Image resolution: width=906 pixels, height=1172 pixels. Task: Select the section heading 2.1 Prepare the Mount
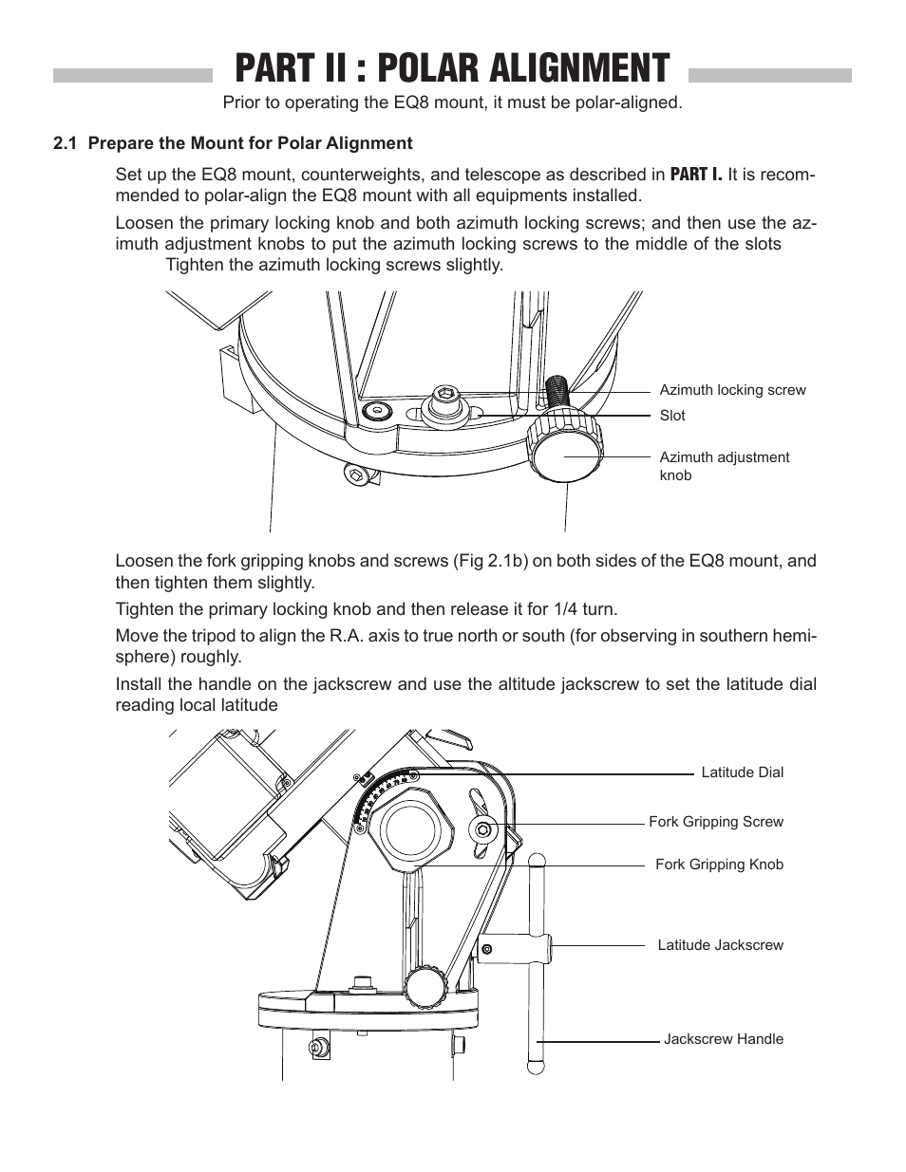(x=233, y=143)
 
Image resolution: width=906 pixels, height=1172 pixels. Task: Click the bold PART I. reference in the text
(x=696, y=175)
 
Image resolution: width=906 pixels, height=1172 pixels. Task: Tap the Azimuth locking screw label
(x=732, y=390)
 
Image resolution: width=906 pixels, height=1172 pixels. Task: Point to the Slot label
(x=672, y=416)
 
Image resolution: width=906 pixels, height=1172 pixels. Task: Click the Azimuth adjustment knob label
(x=724, y=466)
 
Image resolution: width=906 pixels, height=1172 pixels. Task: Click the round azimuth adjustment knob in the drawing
(x=566, y=452)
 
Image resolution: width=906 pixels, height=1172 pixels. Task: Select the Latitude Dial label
(x=742, y=772)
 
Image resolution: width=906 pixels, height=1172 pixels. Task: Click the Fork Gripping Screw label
(x=716, y=822)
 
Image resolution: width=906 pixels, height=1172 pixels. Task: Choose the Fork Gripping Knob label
(x=719, y=865)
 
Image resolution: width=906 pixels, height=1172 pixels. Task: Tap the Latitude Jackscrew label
(x=720, y=945)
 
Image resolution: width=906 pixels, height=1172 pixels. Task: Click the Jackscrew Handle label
(x=723, y=1039)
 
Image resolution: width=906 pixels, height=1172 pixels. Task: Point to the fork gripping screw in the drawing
(x=484, y=830)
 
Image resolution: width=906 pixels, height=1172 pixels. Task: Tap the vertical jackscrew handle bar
(x=538, y=958)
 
